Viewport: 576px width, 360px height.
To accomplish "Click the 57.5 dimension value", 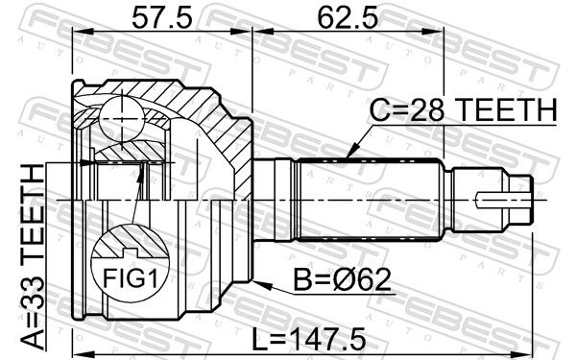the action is click(x=162, y=18).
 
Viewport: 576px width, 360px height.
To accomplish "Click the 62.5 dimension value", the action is click(x=348, y=18).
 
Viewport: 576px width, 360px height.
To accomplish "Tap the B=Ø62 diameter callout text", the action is click(x=342, y=280).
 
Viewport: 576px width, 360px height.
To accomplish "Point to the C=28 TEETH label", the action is click(x=464, y=110).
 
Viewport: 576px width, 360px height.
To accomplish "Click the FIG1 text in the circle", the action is click(x=130, y=278).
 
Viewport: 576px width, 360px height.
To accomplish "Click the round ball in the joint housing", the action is click(x=121, y=119).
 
